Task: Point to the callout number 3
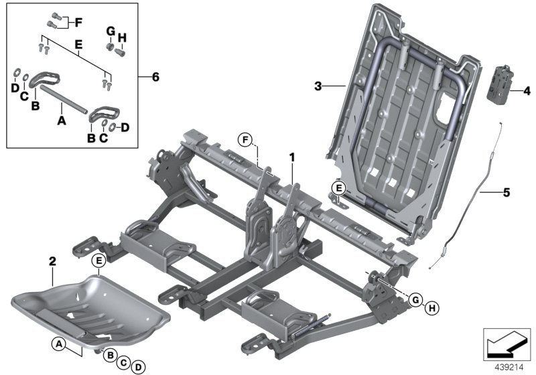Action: (x=318, y=86)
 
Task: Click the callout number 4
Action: (x=526, y=89)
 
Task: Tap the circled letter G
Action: (x=416, y=300)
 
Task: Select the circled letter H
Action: (x=432, y=307)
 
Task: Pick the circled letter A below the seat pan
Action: (x=60, y=344)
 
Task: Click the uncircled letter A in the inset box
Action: (x=62, y=122)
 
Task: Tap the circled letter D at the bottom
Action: (x=137, y=366)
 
